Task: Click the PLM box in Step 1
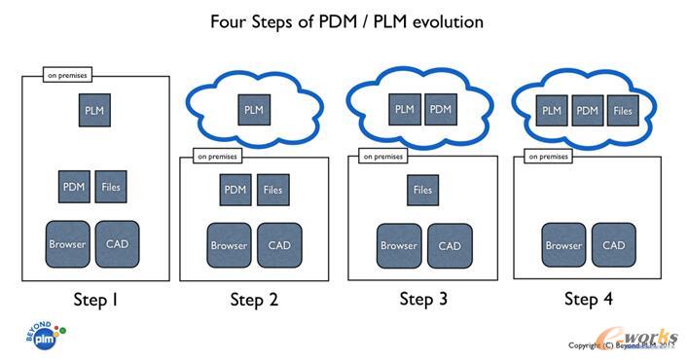click(94, 111)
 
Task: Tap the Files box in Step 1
click(111, 186)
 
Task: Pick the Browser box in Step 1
click(67, 244)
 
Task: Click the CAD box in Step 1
click(117, 244)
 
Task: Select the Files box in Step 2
click(273, 190)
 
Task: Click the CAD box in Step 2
click(279, 245)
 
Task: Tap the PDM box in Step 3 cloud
click(441, 109)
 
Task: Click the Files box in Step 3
click(422, 190)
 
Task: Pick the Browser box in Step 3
click(398, 245)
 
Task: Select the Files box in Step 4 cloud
click(623, 111)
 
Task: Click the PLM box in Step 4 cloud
click(552, 111)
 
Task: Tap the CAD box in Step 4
click(613, 245)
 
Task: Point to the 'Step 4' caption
click(589, 300)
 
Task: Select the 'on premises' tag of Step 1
click(66, 73)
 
